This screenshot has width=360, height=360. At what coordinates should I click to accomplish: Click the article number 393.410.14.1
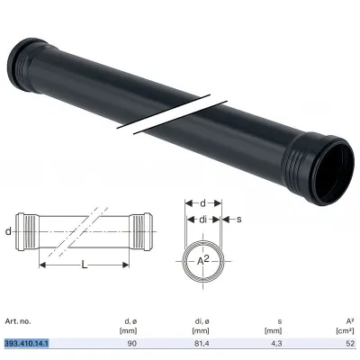[27, 343]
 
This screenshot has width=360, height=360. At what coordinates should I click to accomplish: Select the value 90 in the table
[132, 344]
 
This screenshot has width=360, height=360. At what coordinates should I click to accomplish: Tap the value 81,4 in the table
[201, 344]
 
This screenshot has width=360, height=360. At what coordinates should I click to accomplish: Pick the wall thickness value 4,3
[275, 344]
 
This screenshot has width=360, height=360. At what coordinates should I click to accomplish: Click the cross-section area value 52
[350, 344]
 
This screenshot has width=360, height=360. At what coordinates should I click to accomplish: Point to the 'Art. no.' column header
[18, 321]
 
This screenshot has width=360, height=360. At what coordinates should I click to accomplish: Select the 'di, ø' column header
[201, 321]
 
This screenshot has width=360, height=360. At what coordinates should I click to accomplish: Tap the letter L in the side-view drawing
[85, 265]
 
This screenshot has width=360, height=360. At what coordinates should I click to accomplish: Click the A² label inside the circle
[202, 260]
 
